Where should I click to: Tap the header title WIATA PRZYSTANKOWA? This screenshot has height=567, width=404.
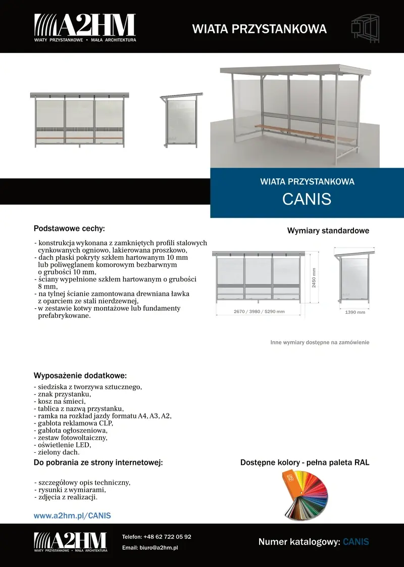click(259, 29)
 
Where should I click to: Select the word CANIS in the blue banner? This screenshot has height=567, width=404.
click(307, 199)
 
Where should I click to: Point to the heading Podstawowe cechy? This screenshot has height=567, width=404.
click(69, 228)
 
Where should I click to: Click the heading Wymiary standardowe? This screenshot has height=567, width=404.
click(328, 231)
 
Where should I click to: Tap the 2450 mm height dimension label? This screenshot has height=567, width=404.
click(314, 278)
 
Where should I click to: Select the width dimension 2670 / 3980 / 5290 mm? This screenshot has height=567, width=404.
click(259, 312)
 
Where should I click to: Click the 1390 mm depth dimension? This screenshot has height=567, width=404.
click(355, 312)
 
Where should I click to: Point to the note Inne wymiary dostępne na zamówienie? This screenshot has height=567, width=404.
click(320, 343)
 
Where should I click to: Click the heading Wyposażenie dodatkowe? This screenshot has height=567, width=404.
click(80, 376)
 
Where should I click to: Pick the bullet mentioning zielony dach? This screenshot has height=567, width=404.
click(57, 453)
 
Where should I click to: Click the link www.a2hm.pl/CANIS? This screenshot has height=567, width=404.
click(72, 515)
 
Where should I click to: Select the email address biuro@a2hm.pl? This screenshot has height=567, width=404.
click(159, 548)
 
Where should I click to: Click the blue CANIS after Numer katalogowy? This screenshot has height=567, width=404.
click(356, 542)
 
